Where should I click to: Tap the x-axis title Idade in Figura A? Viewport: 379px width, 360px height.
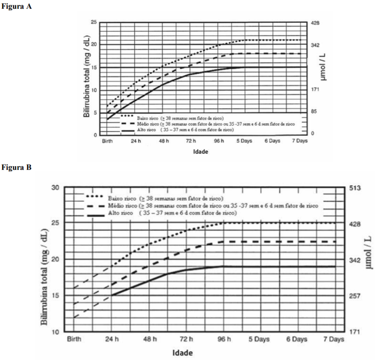(201, 152)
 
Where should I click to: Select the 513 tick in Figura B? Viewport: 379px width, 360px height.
(352, 188)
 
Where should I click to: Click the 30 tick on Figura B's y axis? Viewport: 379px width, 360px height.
(55, 188)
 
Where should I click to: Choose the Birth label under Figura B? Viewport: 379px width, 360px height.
(74, 339)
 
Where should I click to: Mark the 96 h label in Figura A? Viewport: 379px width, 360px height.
(218, 141)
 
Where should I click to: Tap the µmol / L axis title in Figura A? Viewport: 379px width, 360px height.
(323, 67)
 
